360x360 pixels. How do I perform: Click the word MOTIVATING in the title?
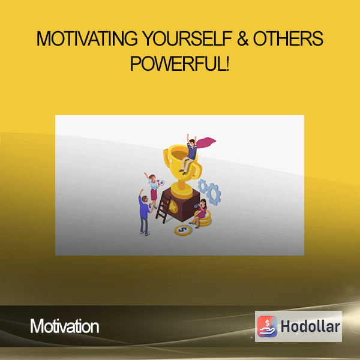[87, 38]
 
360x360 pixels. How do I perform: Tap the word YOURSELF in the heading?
[187, 38]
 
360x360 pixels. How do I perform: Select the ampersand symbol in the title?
[243, 38]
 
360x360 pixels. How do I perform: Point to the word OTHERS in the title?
[288, 38]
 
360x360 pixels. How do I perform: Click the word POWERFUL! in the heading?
[180, 64]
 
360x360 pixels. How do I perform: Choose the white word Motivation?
[65, 326]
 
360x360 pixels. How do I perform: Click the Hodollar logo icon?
[267, 326]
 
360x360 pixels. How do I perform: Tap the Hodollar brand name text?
[310, 326]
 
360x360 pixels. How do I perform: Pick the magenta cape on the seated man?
[206, 142]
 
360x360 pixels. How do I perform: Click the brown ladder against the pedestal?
[163, 209]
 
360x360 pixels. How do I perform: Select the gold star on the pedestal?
[173, 206]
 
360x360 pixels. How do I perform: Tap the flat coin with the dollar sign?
[183, 230]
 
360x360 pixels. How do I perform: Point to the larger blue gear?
[214, 194]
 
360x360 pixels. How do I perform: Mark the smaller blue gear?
[203, 186]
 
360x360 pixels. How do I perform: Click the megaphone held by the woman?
[161, 183]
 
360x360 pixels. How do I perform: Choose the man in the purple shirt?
[145, 212]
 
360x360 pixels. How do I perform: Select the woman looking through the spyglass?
[199, 213]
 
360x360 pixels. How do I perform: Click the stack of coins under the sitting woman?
[204, 219]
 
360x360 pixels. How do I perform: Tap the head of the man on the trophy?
[192, 142]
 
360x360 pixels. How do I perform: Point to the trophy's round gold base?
[181, 191]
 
